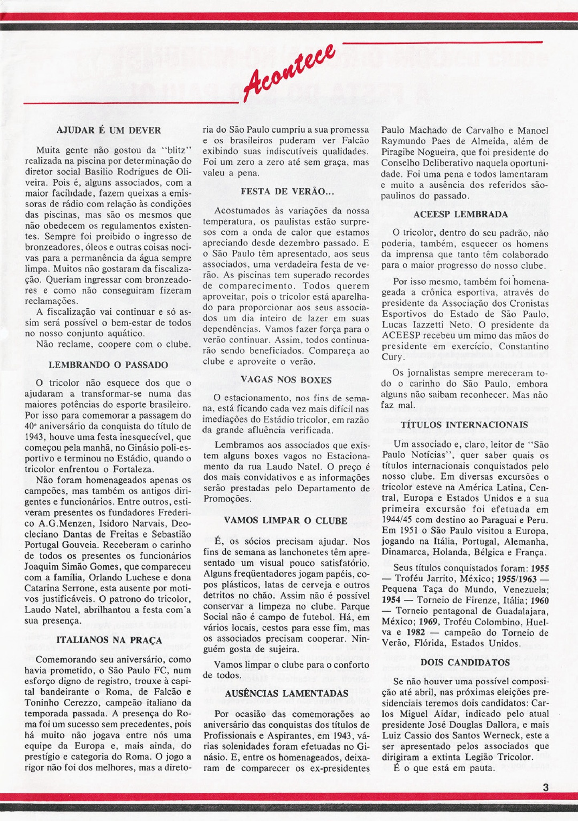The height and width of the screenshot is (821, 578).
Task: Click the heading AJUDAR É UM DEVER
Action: pos(109,130)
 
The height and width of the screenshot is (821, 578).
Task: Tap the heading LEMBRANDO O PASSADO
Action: pos(108,365)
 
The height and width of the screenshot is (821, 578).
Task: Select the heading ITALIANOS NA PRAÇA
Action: pos(109,640)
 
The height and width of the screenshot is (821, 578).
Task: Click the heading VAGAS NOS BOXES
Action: pos(286,380)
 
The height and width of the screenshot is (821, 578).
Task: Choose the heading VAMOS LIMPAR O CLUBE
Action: pos(285,520)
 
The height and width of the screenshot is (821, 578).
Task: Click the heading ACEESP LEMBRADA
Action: pos(461,214)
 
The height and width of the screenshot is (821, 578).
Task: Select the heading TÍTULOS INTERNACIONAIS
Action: pos(464,425)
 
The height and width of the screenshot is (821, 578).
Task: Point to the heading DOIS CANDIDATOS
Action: pos(465,662)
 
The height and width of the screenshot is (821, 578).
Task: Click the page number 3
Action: pos(545,787)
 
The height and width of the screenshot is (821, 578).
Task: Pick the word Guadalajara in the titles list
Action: pos(520,611)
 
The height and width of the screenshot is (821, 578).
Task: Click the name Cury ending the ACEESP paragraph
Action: pos(392,357)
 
